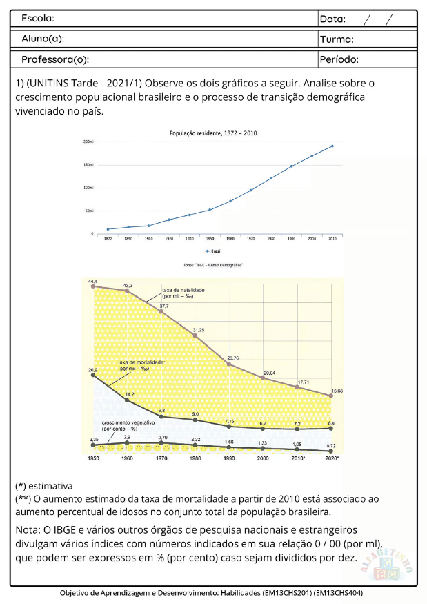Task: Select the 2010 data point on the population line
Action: pyautogui.click(x=332, y=146)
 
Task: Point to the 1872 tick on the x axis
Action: pyautogui.click(x=108, y=238)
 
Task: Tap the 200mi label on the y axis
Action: pyautogui.click(x=88, y=142)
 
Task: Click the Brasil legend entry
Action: pyautogui.click(x=214, y=252)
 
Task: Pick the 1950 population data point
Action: pyautogui.click(x=210, y=209)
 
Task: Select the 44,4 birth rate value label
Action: pyautogui.click(x=92, y=282)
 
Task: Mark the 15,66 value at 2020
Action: pyautogui.click(x=335, y=391)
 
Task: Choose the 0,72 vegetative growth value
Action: pyautogui.click(x=331, y=447)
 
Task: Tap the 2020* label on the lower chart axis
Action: pyautogui.click(x=332, y=458)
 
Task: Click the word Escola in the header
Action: pyautogui.click(x=38, y=18)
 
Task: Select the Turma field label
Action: pyautogui.click(x=337, y=39)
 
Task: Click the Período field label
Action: pyautogui.click(x=339, y=59)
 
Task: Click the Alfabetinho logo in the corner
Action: pyautogui.click(x=386, y=560)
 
